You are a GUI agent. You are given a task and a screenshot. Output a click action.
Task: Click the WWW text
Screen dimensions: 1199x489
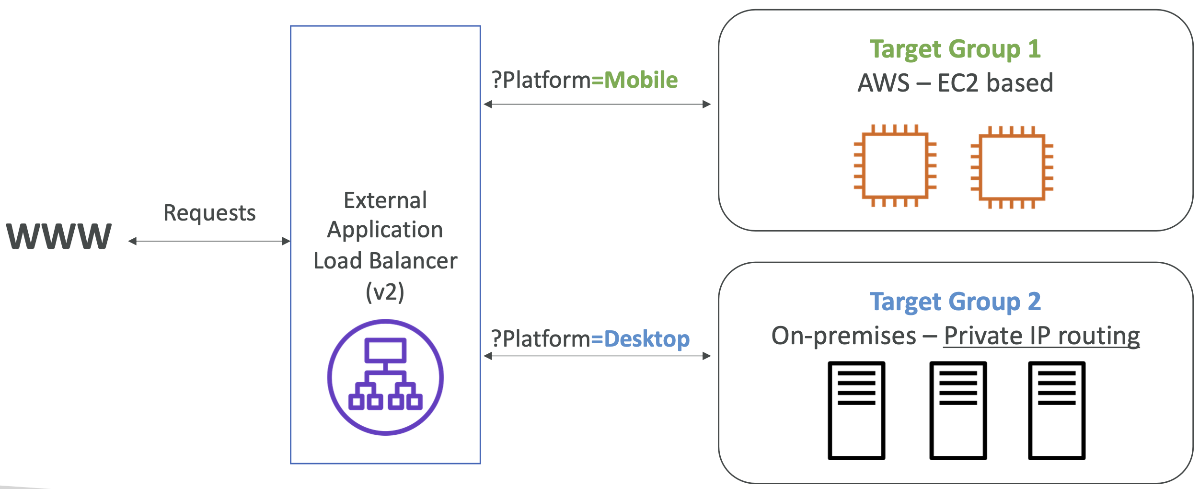59,236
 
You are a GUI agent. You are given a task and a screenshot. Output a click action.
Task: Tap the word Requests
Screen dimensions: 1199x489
209,213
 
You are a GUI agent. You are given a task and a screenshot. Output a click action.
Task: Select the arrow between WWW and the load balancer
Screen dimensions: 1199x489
209,241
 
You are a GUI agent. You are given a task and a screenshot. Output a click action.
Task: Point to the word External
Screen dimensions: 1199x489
385,200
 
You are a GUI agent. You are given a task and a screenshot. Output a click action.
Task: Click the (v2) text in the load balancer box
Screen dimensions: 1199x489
385,291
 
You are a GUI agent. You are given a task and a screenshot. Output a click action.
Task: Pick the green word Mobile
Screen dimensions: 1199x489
641,80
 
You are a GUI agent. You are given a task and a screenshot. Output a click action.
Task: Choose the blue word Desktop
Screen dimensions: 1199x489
647,339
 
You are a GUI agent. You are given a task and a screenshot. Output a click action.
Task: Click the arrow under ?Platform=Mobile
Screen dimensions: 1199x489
597,104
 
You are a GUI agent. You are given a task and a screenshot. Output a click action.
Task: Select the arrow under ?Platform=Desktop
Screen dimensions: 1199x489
597,356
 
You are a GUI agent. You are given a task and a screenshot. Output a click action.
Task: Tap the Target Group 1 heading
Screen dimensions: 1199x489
955,50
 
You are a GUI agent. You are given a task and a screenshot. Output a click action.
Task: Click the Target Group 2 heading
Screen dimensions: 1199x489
955,302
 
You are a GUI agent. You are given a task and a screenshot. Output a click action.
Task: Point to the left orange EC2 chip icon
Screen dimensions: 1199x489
895,166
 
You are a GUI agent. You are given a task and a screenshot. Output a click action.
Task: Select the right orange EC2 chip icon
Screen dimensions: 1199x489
1012,167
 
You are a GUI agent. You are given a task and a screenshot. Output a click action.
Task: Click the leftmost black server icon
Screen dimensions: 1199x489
856,410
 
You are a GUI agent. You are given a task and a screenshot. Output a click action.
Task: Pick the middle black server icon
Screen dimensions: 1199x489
958,410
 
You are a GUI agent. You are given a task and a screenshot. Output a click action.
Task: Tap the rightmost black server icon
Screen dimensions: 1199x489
1057,410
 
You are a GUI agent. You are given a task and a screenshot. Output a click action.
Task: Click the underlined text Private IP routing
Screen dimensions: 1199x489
1042,336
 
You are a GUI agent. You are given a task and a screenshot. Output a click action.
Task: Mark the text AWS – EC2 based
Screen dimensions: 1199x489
955,82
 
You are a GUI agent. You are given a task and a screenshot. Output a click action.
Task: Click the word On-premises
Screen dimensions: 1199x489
843,336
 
